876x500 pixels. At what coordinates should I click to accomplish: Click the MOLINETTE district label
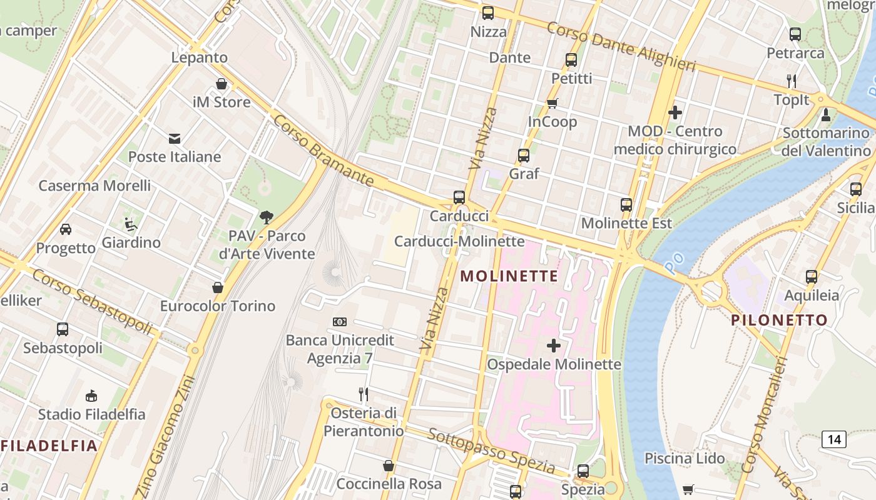point(509,276)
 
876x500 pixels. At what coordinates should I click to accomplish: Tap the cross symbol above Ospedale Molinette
point(554,345)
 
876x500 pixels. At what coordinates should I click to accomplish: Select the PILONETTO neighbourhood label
point(780,320)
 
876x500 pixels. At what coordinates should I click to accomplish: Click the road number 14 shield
point(834,439)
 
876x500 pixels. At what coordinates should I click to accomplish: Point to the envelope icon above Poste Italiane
point(175,138)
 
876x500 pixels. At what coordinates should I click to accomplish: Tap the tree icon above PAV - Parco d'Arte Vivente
point(267,217)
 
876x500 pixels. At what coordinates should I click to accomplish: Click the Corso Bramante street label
point(323,150)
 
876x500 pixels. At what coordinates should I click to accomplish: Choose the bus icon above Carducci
point(459,197)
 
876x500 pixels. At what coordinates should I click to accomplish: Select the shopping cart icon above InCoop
point(552,103)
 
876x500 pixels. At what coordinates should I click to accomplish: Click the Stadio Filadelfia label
point(91,414)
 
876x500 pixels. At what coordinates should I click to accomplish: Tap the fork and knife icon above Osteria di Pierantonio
point(364,394)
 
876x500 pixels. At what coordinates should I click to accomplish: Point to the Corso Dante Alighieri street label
point(621,46)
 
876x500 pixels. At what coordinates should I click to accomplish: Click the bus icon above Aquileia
point(812,277)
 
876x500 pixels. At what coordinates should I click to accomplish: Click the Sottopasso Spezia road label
point(492,451)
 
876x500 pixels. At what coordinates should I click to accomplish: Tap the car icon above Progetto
point(66,229)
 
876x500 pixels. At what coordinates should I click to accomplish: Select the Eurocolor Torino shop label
point(218,306)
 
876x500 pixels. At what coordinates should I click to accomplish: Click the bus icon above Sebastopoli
point(63,329)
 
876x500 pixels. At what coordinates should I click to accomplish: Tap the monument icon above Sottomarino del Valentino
point(826,114)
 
